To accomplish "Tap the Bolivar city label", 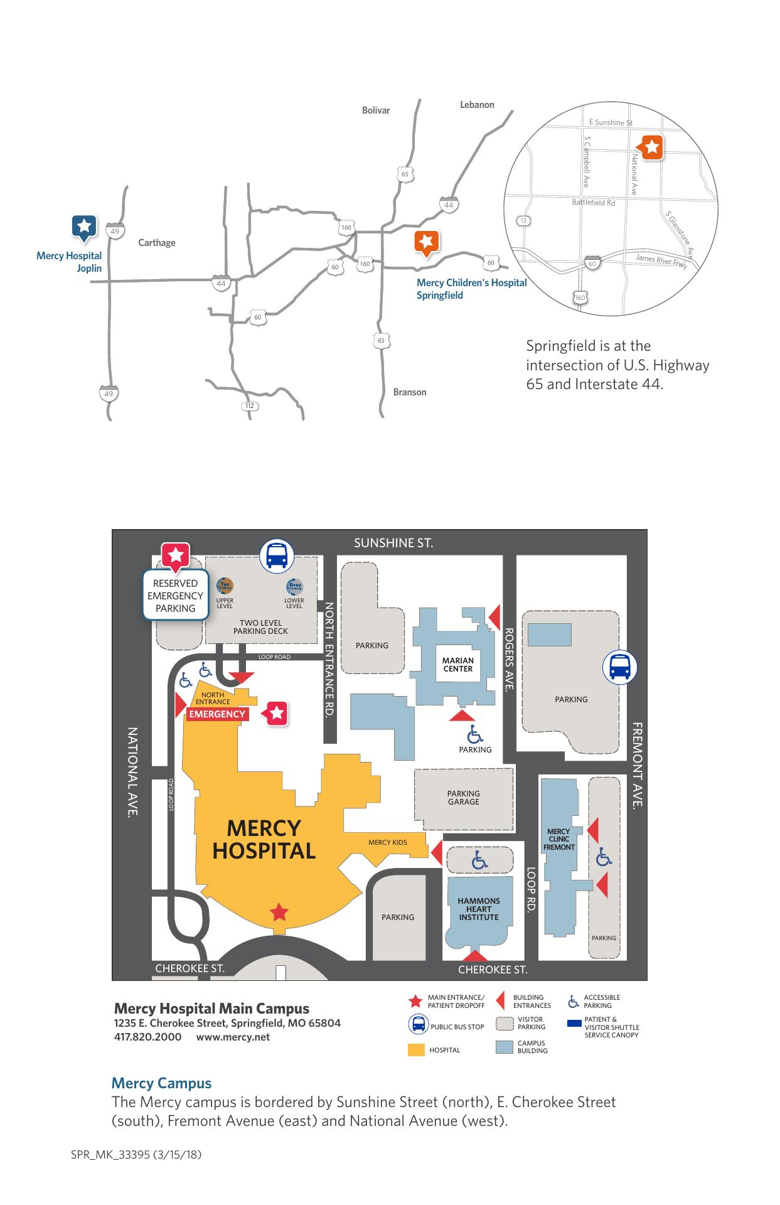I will tap(376, 110).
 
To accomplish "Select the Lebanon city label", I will tap(477, 105).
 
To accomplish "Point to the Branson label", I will tap(410, 392).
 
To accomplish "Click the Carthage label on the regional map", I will tap(157, 243).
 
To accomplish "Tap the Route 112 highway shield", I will tap(250, 405).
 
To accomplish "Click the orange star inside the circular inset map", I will tap(652, 147).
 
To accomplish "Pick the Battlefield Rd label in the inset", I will tap(593, 203).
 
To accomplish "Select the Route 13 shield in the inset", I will tap(523, 220).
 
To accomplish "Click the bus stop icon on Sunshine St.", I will tap(277, 556).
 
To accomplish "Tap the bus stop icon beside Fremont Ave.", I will tap(620, 667).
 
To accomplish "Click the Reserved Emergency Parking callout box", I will tap(176, 596).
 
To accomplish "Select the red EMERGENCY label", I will tap(217, 714).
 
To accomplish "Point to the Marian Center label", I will tap(458, 665).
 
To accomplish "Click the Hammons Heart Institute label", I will tap(479, 909).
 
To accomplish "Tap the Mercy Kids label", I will tap(387, 842).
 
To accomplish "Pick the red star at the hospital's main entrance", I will tap(279, 912).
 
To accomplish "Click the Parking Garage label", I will tap(464, 798).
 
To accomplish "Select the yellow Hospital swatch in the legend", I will tap(416, 1050).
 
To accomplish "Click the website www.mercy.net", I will tap(233, 1037).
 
